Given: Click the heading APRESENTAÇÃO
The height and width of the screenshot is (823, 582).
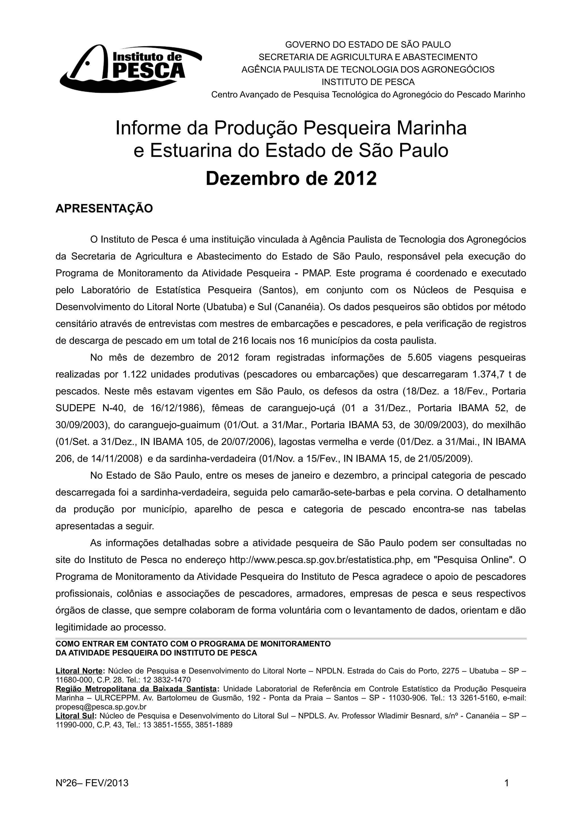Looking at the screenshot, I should click(x=104, y=208).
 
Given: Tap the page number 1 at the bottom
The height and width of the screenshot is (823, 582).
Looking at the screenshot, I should click(x=506, y=783).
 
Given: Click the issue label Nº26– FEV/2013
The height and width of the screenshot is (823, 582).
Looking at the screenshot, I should click(x=92, y=783).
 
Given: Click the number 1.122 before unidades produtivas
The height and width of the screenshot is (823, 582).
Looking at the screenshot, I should click(x=134, y=375).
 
